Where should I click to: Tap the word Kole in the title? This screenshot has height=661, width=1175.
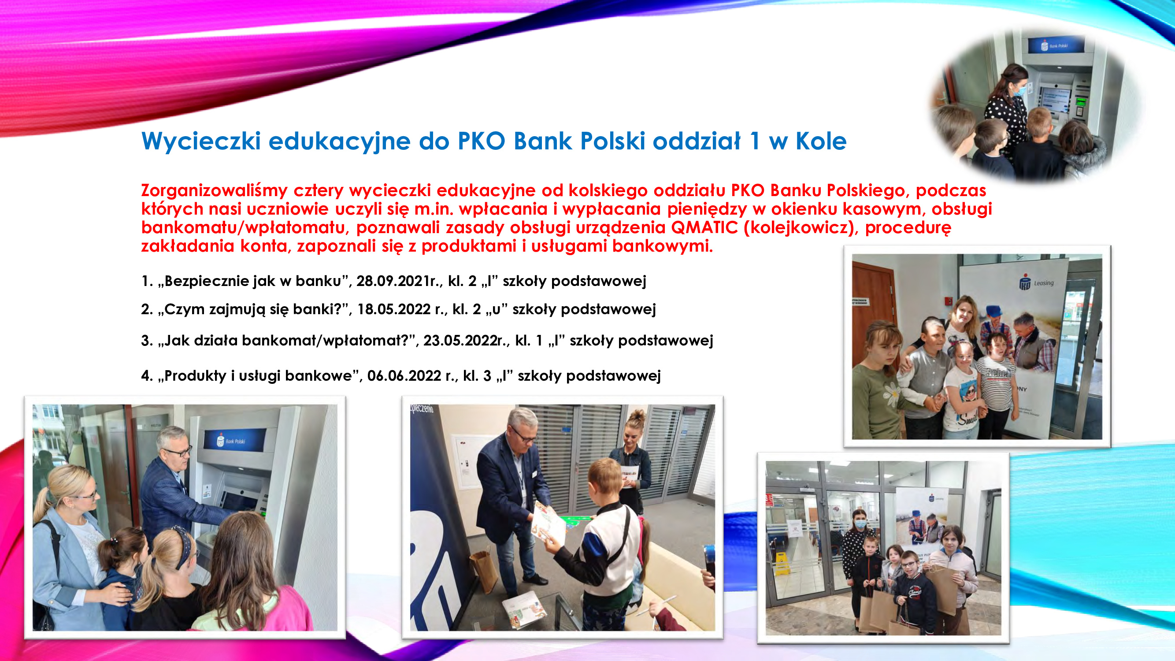pyautogui.click(x=821, y=141)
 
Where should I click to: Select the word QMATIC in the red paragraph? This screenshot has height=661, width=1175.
pyautogui.click(x=704, y=227)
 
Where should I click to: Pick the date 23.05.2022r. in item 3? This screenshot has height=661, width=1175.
pyautogui.click(x=463, y=340)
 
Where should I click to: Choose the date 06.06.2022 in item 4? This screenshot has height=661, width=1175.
pyautogui.click(x=404, y=376)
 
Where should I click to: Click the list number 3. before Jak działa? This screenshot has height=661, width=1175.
pyautogui.click(x=147, y=340)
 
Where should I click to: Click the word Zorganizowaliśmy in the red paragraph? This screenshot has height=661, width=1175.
pyautogui.click(x=215, y=191)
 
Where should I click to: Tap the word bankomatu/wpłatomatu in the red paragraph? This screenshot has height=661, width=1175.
pyautogui.click(x=243, y=228)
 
